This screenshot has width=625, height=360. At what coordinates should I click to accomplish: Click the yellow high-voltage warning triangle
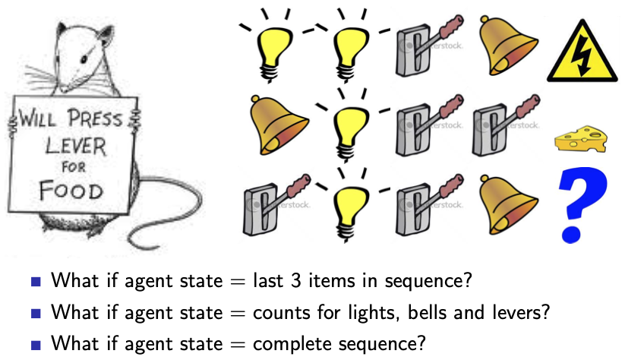[584, 54]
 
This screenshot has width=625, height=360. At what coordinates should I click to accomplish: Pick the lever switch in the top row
[419, 49]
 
